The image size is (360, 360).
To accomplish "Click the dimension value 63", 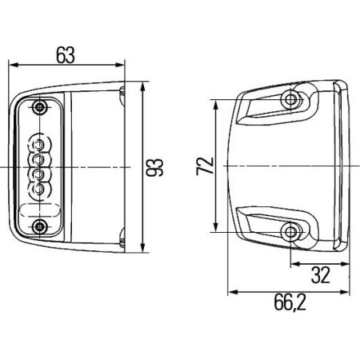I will tap(67, 54).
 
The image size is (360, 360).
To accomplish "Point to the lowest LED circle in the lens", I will tap(36, 190).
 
